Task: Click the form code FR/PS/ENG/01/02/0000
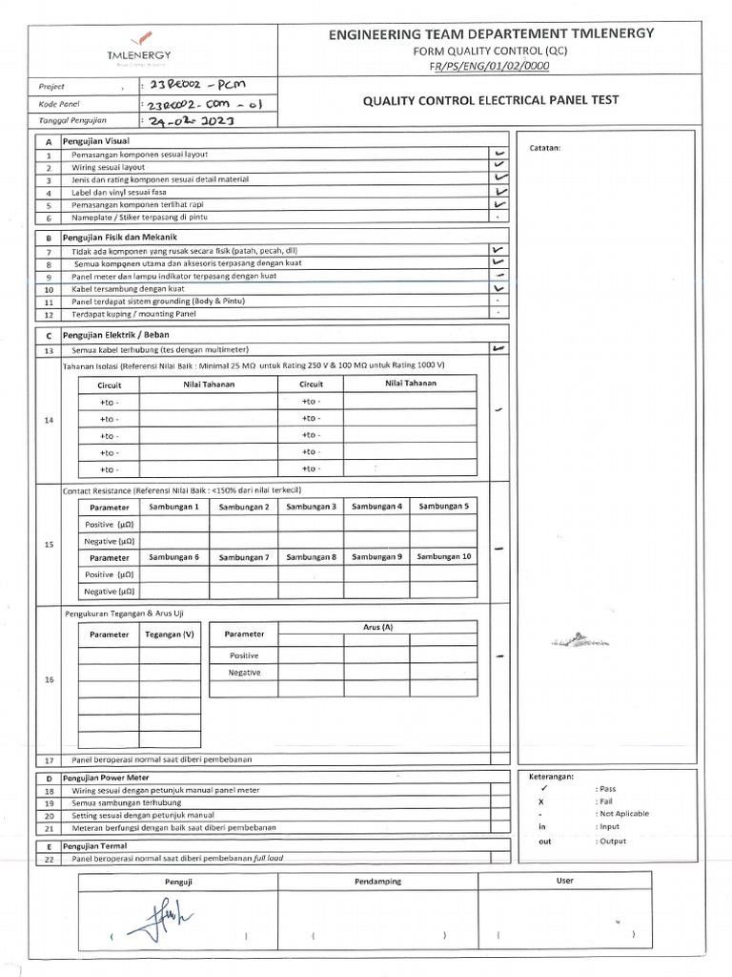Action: click(490, 66)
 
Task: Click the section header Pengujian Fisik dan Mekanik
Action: click(119, 237)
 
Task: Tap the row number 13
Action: click(48, 350)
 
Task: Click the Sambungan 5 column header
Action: click(443, 507)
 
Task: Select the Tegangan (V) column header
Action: click(170, 634)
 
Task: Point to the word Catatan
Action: click(544, 148)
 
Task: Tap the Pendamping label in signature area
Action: click(377, 882)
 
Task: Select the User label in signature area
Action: click(565, 881)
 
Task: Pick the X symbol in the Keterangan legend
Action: click(541, 802)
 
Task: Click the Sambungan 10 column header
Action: click(443, 556)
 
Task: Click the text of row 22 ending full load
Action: click(177, 859)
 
